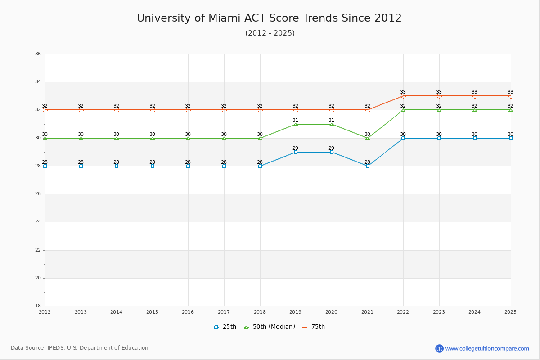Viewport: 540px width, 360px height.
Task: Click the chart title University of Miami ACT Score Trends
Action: [x=269, y=18]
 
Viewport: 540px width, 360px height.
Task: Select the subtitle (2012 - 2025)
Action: [x=270, y=33]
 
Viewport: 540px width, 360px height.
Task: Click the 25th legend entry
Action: [x=225, y=327]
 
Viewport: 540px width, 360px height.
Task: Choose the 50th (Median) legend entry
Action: [x=270, y=327]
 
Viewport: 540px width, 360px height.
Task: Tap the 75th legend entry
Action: [x=314, y=327]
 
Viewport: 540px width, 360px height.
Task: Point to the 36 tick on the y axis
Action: [x=38, y=54]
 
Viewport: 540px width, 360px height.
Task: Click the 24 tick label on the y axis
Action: [x=38, y=222]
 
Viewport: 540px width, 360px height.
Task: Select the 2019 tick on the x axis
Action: [x=296, y=312]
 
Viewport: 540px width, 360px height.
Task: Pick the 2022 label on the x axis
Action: [x=403, y=312]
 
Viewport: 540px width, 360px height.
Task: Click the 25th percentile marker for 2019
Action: [x=296, y=152]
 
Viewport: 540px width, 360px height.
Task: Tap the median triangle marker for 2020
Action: [x=332, y=124]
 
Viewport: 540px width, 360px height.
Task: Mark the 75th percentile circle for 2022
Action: [x=403, y=96]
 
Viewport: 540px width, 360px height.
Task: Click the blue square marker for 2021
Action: [x=368, y=166]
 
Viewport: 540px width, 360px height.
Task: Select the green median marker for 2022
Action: [x=403, y=110]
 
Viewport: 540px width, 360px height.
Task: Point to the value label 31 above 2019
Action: [x=295, y=120]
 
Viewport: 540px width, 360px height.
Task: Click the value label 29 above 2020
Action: [x=331, y=148]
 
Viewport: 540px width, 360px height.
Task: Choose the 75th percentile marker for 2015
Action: [x=153, y=110]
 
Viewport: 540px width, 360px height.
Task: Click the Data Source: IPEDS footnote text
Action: [x=80, y=348]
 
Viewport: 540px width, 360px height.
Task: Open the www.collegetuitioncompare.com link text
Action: [x=487, y=348]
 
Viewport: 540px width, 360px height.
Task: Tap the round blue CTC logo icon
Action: [x=439, y=348]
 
